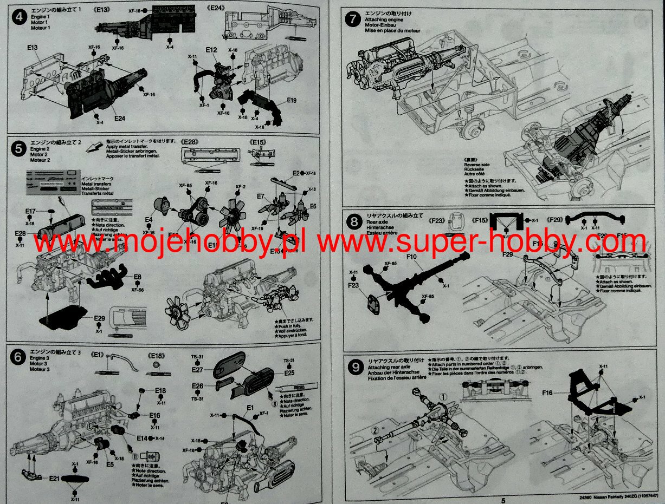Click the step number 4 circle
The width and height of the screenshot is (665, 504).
pos(19,18)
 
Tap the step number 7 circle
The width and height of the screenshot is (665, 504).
pos(353,21)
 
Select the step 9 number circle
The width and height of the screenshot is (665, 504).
pos(355,368)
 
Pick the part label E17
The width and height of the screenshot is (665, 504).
pos(30,211)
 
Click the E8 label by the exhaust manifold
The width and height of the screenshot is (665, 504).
pos(138,277)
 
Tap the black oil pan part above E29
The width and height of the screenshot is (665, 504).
pos(63,316)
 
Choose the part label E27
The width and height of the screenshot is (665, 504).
pos(197,370)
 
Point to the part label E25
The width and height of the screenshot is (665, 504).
pos(289,373)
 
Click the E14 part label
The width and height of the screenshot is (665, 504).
pos(143,438)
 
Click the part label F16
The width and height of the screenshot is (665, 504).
pos(547,392)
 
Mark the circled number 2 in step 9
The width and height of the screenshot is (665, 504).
pos(374,431)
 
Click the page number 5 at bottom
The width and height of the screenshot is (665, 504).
pos(503,500)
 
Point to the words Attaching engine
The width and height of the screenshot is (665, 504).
pos(384,19)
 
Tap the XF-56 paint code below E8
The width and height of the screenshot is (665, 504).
pos(138,290)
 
